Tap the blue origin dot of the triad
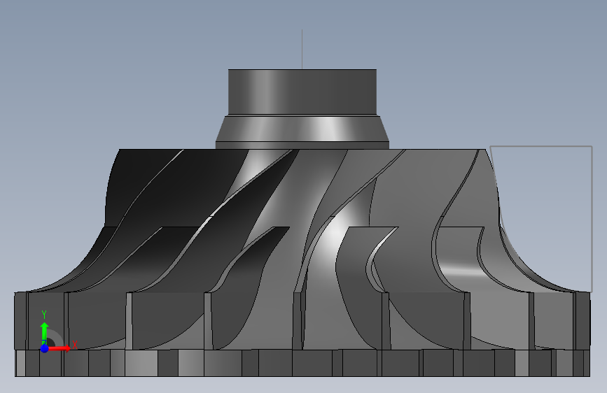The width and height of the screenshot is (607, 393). coord(44,348)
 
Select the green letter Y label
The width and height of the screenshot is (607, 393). coord(44,315)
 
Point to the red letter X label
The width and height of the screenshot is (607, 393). coord(75,345)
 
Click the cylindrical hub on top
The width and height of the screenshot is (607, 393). coord(302,92)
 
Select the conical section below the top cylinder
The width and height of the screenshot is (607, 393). coord(302,129)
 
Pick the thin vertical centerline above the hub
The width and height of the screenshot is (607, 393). coord(302,49)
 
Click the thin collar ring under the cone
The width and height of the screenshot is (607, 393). coord(302,145)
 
